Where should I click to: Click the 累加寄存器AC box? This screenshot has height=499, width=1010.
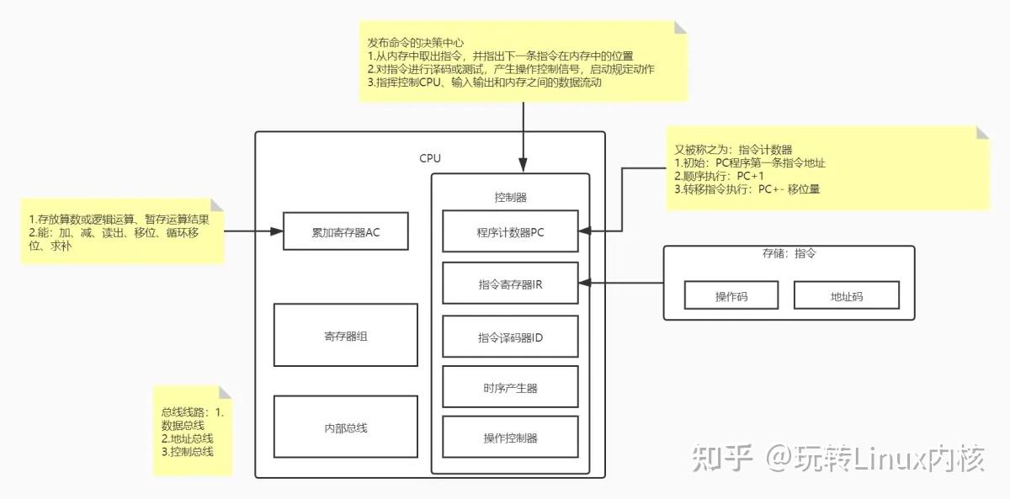pos(345,232)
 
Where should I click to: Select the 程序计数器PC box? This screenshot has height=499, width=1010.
pos(510,232)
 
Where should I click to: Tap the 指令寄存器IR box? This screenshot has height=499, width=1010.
pos(510,284)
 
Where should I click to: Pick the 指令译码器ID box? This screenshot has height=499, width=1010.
pos(510,337)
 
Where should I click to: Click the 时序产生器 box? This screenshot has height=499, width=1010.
pos(510,387)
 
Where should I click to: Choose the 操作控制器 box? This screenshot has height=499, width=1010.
pos(510,438)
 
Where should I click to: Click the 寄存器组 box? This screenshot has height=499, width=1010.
pos(345,335)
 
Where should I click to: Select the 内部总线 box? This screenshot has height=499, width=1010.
pos(345,427)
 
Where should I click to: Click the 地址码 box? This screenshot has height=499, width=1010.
pos(846,295)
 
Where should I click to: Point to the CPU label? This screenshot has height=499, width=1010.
pos(429,158)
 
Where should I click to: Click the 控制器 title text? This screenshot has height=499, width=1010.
pos(510,196)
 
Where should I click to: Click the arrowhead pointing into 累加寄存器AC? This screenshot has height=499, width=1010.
pos(278,231)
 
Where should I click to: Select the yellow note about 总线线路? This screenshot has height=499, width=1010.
pos(192,432)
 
